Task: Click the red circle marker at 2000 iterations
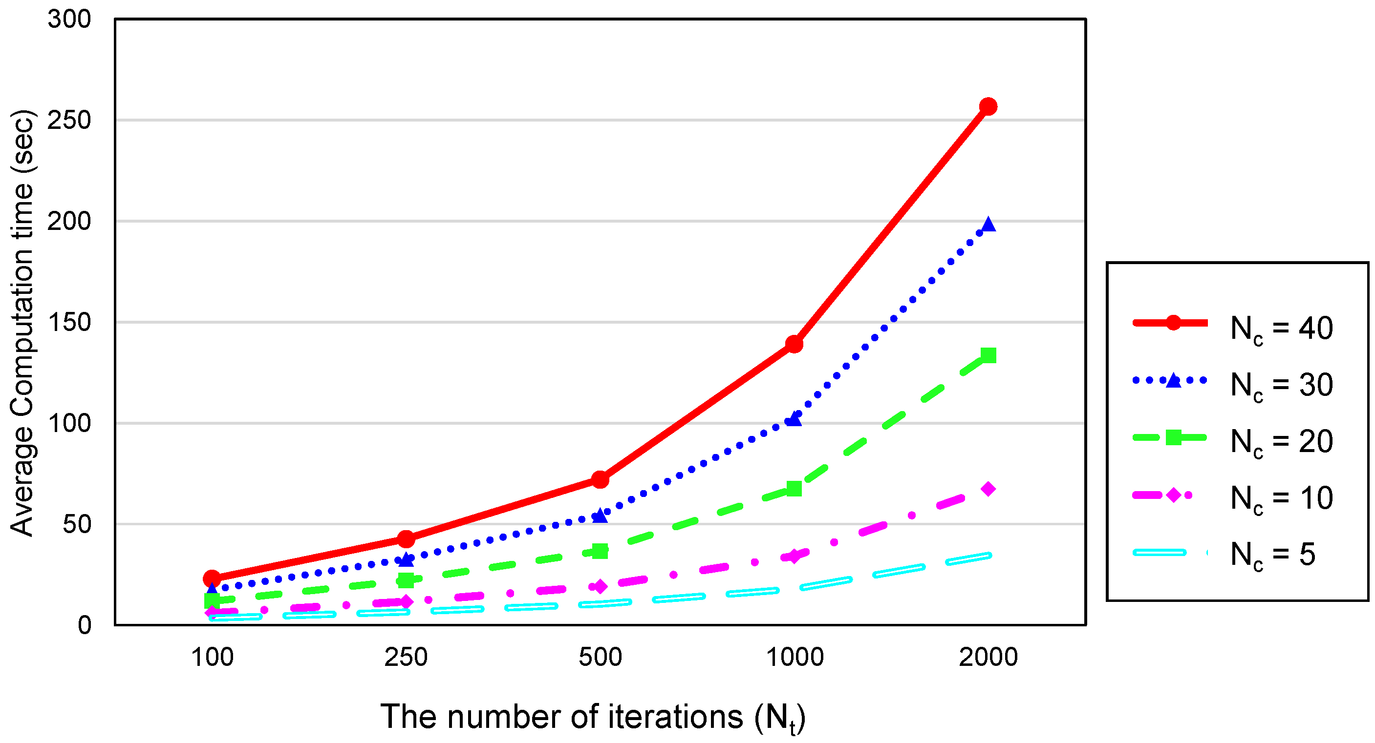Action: click(988, 107)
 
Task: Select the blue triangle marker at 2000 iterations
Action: click(988, 225)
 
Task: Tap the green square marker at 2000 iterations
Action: click(988, 355)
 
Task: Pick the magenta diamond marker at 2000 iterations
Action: click(988, 489)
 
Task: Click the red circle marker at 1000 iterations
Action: click(794, 344)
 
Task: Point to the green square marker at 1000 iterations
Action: click(794, 488)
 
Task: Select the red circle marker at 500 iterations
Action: click(600, 479)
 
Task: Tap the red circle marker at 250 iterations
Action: click(406, 539)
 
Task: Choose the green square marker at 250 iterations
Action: click(406, 580)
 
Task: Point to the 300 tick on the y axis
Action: click(69, 19)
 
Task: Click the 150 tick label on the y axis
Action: click(69, 322)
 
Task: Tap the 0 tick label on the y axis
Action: click(85, 624)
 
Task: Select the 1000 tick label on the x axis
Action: click(795, 657)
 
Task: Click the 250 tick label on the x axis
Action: click(406, 657)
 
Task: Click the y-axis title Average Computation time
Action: click(22, 322)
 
